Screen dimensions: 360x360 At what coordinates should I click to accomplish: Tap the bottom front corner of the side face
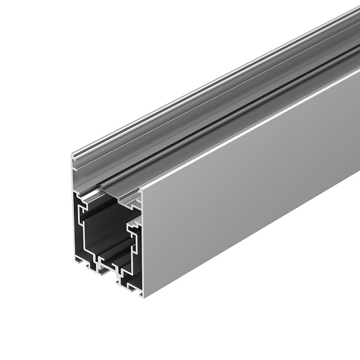pyautogui.click(x=143, y=295)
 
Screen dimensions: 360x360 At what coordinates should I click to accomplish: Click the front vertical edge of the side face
pyautogui.click(x=143, y=240)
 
